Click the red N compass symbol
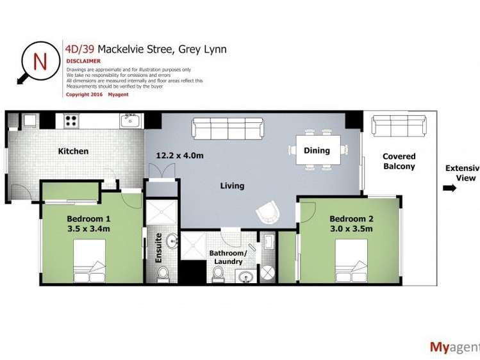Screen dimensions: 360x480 pos(38,61)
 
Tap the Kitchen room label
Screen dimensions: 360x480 pos(73,151)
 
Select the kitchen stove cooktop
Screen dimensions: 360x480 pos(71,120)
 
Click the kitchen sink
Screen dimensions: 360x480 pos(131,120)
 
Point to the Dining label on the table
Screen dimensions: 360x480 pos(317,151)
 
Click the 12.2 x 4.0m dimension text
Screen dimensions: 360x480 pos(179,156)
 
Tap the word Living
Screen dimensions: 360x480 pos(232,186)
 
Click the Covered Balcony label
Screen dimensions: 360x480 pos(399,161)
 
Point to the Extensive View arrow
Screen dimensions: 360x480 pos(449,188)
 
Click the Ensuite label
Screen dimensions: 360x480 pos(159,251)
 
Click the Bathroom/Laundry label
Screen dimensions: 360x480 pos(226,257)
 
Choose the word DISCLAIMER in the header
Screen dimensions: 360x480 pos(83,61)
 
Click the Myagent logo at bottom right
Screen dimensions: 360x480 pos(454,347)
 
